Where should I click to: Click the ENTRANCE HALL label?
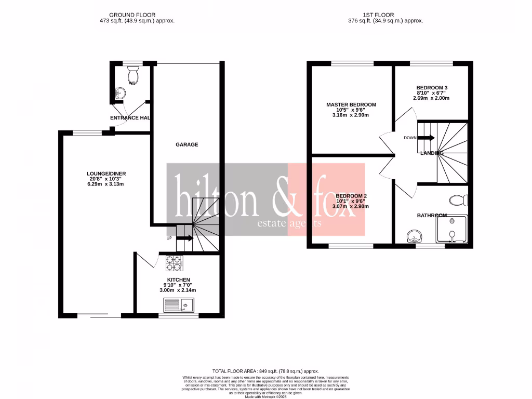(130, 118)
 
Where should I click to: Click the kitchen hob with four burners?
(176, 263)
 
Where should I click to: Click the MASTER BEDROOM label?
(351, 105)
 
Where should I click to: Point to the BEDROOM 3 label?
(431, 87)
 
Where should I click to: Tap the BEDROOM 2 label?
(351, 196)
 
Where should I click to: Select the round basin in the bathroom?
(414, 237)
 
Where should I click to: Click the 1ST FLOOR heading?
(385, 15)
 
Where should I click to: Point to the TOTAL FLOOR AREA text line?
(265, 371)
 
